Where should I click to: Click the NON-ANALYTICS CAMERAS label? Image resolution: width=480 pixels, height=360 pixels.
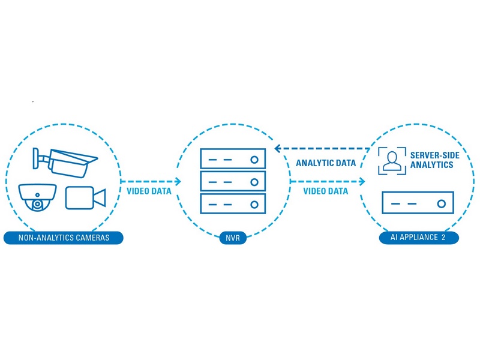(64, 238)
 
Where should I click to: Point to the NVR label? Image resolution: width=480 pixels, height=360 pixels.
(232, 238)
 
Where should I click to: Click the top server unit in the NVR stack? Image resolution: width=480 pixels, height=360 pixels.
(232, 160)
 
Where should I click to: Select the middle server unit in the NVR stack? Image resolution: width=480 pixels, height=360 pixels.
(232, 181)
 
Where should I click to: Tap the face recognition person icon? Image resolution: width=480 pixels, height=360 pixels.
(392, 161)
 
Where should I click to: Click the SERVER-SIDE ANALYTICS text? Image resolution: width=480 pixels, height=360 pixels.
(433, 160)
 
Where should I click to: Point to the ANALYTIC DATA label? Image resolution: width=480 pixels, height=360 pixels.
(326, 163)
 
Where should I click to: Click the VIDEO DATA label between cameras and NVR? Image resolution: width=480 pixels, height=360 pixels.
(149, 191)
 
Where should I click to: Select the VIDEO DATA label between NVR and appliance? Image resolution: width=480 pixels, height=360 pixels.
(326, 191)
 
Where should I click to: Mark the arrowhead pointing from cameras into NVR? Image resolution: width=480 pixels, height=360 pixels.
(178, 181)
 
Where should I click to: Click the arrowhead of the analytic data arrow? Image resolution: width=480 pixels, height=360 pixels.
(278, 148)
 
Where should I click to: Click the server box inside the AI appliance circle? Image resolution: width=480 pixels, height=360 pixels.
(418, 204)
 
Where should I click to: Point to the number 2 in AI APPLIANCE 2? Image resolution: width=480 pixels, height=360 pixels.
(443, 238)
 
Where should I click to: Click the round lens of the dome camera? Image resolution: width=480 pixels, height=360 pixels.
(38, 204)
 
